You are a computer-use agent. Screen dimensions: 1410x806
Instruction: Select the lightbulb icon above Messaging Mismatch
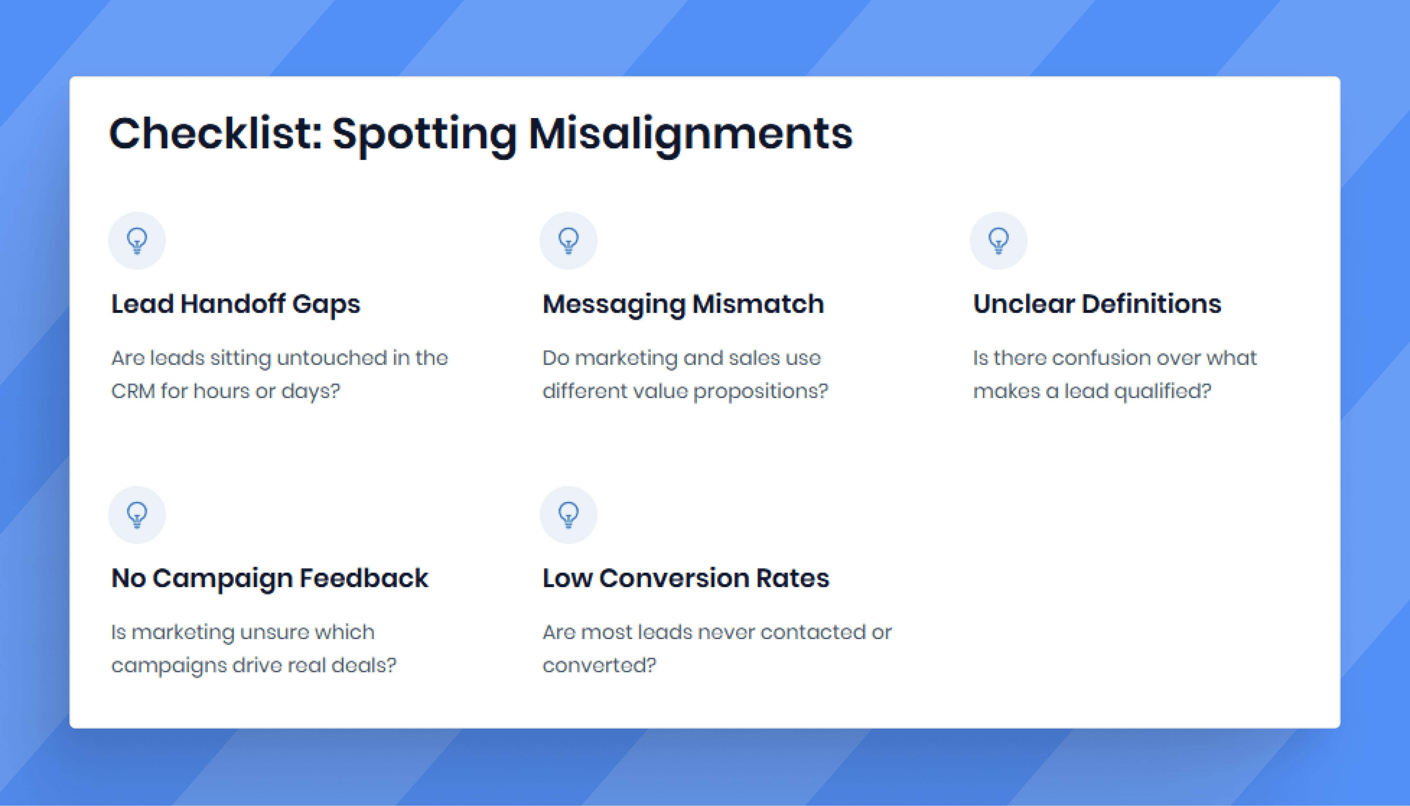click(x=568, y=241)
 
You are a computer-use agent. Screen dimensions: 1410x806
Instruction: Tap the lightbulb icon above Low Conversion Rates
click(x=568, y=515)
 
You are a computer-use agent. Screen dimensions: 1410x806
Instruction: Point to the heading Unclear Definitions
click(x=1097, y=304)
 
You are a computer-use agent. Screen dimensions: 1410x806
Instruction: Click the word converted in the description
click(x=599, y=665)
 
